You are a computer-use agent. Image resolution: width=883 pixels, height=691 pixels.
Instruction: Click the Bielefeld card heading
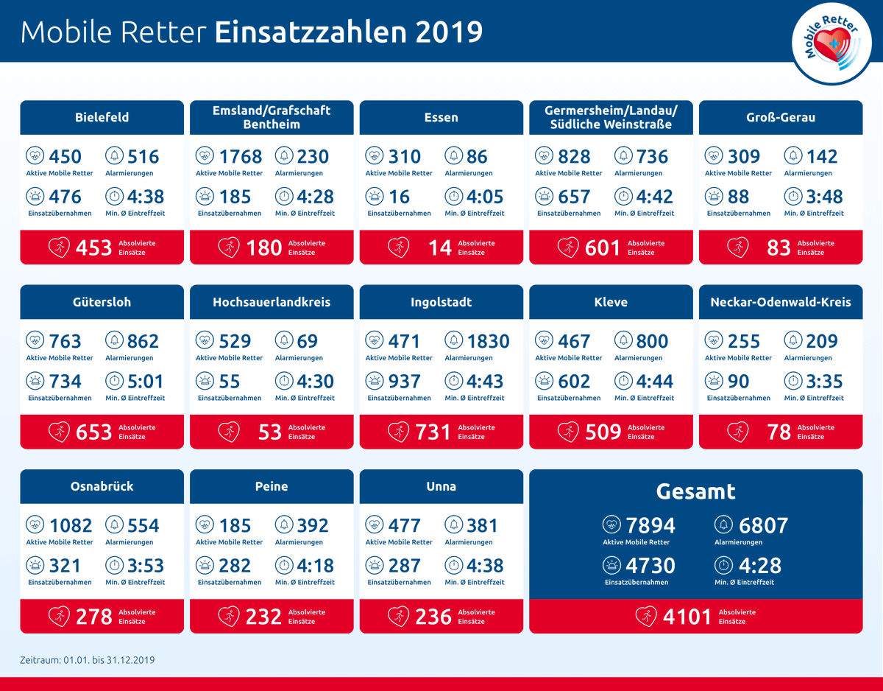coord(102,117)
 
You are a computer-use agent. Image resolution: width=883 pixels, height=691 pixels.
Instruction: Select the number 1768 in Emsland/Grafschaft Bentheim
coord(240,156)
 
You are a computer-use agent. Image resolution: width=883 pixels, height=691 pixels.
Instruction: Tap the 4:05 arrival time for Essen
coord(486,197)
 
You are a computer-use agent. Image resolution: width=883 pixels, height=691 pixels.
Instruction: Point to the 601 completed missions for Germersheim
coord(603,248)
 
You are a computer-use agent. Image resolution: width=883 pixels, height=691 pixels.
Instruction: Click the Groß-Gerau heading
coord(780,117)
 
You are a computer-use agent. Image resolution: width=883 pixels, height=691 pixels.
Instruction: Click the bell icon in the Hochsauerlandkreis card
coord(283,340)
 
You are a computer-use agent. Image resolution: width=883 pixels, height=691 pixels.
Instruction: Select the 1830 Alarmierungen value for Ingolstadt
coord(488,341)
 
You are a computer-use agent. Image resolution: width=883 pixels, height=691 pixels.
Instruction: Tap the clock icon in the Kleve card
coord(623,381)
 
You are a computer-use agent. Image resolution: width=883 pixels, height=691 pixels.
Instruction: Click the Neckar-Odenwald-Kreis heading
coord(780,302)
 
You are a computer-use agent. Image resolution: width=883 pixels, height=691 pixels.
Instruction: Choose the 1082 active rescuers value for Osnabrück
coord(71,525)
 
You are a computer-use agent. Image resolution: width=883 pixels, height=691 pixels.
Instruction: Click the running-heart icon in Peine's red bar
coord(228,616)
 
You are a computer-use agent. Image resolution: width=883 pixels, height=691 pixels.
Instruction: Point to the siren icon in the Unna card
coord(375,565)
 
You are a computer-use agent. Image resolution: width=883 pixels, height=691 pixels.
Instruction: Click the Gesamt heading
coord(695,491)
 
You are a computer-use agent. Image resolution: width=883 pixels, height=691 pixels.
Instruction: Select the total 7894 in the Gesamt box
coord(650,525)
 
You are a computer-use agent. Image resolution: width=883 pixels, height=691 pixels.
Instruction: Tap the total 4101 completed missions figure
coord(687,616)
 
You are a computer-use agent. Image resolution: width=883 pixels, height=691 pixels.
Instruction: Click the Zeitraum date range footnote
coord(87,660)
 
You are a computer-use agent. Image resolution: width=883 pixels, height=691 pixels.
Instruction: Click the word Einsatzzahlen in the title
coord(309,32)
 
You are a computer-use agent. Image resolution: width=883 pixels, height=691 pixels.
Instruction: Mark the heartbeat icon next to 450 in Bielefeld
coord(35,155)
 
